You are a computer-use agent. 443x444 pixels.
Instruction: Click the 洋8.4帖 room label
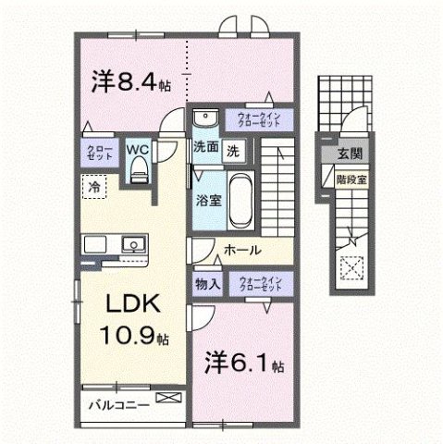(x=129, y=82)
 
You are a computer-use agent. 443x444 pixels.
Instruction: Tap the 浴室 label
(x=206, y=199)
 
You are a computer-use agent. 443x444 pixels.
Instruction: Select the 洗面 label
(x=205, y=148)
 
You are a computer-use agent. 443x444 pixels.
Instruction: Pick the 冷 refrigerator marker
(x=94, y=187)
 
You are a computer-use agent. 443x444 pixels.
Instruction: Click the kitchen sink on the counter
(x=135, y=245)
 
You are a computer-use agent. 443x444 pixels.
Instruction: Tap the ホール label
(x=241, y=250)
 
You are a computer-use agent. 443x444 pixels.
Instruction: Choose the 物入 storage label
(x=207, y=285)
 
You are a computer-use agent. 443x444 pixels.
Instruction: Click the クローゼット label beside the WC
(x=99, y=153)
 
